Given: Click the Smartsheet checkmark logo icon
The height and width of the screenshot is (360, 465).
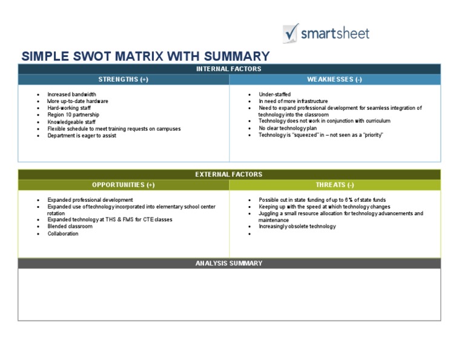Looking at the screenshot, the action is click(x=291, y=33).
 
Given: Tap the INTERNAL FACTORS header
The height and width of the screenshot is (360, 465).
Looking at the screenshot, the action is click(x=229, y=69).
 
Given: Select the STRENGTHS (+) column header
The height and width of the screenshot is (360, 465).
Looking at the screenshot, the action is click(x=124, y=79).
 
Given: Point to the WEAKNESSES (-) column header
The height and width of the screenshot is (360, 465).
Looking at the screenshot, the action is click(x=334, y=79).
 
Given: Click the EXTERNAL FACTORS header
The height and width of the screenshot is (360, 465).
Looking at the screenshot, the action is click(x=229, y=174).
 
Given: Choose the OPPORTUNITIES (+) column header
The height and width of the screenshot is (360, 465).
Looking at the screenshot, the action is click(x=124, y=185).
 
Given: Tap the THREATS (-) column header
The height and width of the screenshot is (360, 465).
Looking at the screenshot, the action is click(x=335, y=185).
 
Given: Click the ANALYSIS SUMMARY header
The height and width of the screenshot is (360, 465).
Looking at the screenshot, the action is click(x=229, y=263).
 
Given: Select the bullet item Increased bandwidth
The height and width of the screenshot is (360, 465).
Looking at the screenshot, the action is click(x=72, y=95).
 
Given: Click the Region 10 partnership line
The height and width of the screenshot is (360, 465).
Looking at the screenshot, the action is click(x=73, y=115).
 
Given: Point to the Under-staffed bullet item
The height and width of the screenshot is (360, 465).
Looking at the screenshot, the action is click(x=275, y=95).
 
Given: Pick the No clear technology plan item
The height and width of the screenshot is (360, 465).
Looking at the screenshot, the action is click(x=288, y=128).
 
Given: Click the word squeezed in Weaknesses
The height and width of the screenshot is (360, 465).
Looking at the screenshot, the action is click(x=305, y=135).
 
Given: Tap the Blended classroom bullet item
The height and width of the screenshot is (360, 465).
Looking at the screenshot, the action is click(x=70, y=226).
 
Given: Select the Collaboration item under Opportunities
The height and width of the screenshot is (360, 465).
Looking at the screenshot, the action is click(x=63, y=233).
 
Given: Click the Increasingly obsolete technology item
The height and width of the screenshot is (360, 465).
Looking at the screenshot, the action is click(x=297, y=226).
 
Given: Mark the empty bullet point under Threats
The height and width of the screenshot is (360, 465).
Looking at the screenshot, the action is click(x=249, y=234).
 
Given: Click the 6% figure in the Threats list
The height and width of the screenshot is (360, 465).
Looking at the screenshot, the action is click(x=349, y=200).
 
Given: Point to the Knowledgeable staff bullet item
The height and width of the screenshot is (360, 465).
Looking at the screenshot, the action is click(x=71, y=122).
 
